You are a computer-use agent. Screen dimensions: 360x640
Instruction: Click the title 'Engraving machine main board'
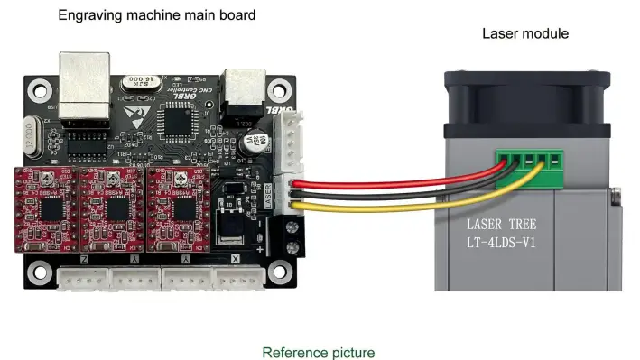(156, 15)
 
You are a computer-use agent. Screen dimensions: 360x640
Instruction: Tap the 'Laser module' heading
(524, 34)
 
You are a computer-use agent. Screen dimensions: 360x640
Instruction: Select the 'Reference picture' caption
(318, 352)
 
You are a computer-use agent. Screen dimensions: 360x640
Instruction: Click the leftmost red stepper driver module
(45, 205)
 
